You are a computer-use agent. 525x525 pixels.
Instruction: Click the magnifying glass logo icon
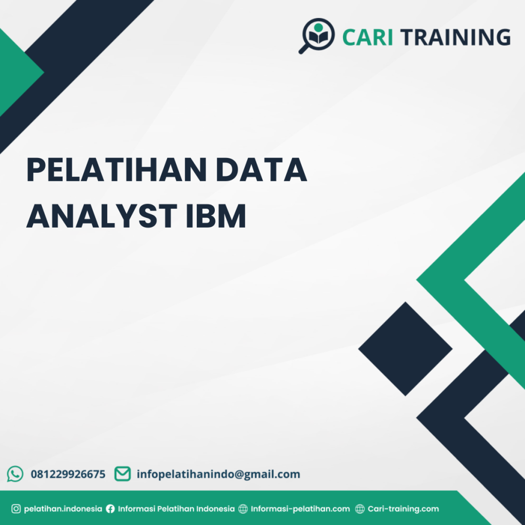(x=317, y=35)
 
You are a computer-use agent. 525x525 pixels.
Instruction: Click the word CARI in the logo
(x=367, y=37)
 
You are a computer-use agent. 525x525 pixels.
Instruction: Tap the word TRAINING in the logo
(x=455, y=37)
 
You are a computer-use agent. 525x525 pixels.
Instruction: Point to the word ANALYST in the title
(x=102, y=216)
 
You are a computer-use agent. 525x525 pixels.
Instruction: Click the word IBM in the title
(x=216, y=216)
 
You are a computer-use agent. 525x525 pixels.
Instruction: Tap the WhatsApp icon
(x=15, y=474)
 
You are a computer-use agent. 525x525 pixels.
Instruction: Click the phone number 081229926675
(x=68, y=474)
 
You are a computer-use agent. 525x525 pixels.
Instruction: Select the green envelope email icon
(x=123, y=474)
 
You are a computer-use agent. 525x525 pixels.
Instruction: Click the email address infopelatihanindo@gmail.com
(x=218, y=474)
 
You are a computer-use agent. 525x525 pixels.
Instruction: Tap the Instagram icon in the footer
(x=16, y=509)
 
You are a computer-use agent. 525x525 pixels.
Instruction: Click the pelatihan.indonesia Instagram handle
(x=63, y=509)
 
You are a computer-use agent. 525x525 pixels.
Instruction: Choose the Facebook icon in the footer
(x=110, y=509)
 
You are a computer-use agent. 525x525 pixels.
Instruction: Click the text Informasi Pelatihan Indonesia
(x=176, y=509)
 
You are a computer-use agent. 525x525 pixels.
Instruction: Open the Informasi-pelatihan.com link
(x=300, y=509)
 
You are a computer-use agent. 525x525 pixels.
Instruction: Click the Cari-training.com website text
(x=403, y=509)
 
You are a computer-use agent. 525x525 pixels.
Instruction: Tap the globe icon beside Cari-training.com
(x=360, y=509)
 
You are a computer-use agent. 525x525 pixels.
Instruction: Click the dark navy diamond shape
(x=406, y=349)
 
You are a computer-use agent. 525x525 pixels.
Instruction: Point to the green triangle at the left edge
(x=15, y=72)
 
